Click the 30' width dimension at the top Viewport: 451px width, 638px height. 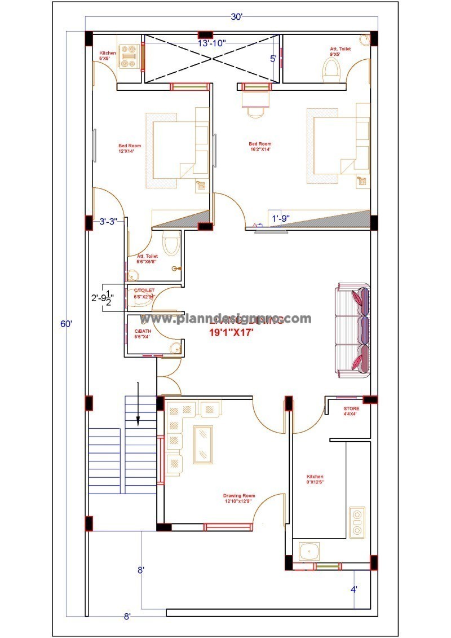(x=236, y=16)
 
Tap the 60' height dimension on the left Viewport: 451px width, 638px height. (x=67, y=324)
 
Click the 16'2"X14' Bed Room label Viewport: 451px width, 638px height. (x=260, y=147)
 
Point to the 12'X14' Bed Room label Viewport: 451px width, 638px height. (x=130, y=148)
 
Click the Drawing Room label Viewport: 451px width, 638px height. (x=239, y=498)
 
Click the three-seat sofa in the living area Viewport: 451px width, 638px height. (x=353, y=330)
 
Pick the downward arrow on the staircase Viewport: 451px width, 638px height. (x=138, y=403)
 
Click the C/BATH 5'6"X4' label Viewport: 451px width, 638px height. (x=142, y=334)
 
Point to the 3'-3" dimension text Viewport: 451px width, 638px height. (x=108, y=222)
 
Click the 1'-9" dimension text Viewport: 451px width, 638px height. (x=281, y=218)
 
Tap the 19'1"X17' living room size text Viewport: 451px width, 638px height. (x=231, y=333)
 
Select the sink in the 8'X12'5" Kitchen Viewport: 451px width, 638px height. (x=309, y=551)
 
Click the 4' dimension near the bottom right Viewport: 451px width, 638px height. (x=353, y=589)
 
